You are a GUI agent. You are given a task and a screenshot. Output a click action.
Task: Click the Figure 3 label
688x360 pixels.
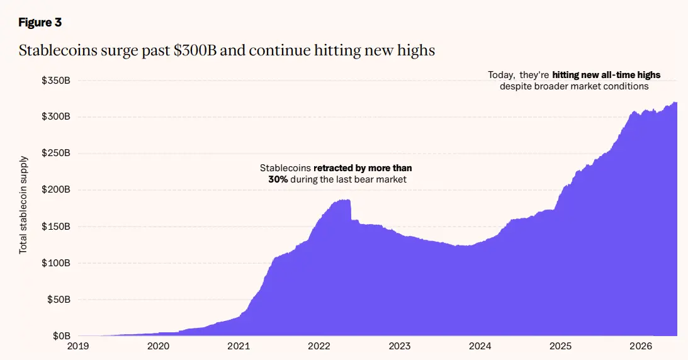(x=40, y=23)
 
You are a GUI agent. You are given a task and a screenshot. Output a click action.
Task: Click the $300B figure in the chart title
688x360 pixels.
(x=195, y=50)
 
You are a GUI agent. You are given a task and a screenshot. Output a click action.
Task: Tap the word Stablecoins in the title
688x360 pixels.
(x=58, y=50)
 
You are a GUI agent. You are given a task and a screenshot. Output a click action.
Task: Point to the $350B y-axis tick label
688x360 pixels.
(x=56, y=81)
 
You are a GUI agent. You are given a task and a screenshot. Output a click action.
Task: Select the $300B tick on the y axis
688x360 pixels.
(x=56, y=116)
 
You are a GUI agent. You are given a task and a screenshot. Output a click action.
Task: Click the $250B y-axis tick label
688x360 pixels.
(x=56, y=153)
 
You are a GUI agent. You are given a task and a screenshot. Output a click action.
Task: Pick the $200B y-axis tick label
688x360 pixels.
(x=56, y=190)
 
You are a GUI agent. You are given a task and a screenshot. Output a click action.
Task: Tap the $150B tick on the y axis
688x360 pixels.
(x=56, y=227)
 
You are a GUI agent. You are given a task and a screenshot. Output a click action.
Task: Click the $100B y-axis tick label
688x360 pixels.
(x=56, y=263)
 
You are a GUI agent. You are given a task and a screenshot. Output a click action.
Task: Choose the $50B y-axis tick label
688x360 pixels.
(x=58, y=300)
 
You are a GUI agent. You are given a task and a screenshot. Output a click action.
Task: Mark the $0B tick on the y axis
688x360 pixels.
(x=61, y=336)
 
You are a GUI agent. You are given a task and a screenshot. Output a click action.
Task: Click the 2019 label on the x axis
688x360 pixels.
(x=77, y=346)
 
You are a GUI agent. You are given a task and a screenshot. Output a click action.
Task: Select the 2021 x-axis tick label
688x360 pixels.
(x=239, y=346)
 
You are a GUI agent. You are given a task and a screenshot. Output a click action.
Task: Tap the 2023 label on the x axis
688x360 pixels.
(x=400, y=346)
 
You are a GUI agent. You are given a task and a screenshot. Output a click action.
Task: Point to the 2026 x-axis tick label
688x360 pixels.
(x=641, y=346)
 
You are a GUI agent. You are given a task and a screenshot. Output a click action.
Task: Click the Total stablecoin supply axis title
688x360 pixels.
(x=23, y=205)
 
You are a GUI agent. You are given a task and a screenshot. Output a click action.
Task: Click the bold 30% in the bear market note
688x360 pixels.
(x=278, y=179)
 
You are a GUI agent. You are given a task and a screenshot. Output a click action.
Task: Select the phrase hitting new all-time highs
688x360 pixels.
(x=606, y=75)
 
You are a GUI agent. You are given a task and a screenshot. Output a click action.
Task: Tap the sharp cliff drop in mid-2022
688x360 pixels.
(x=351, y=210)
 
